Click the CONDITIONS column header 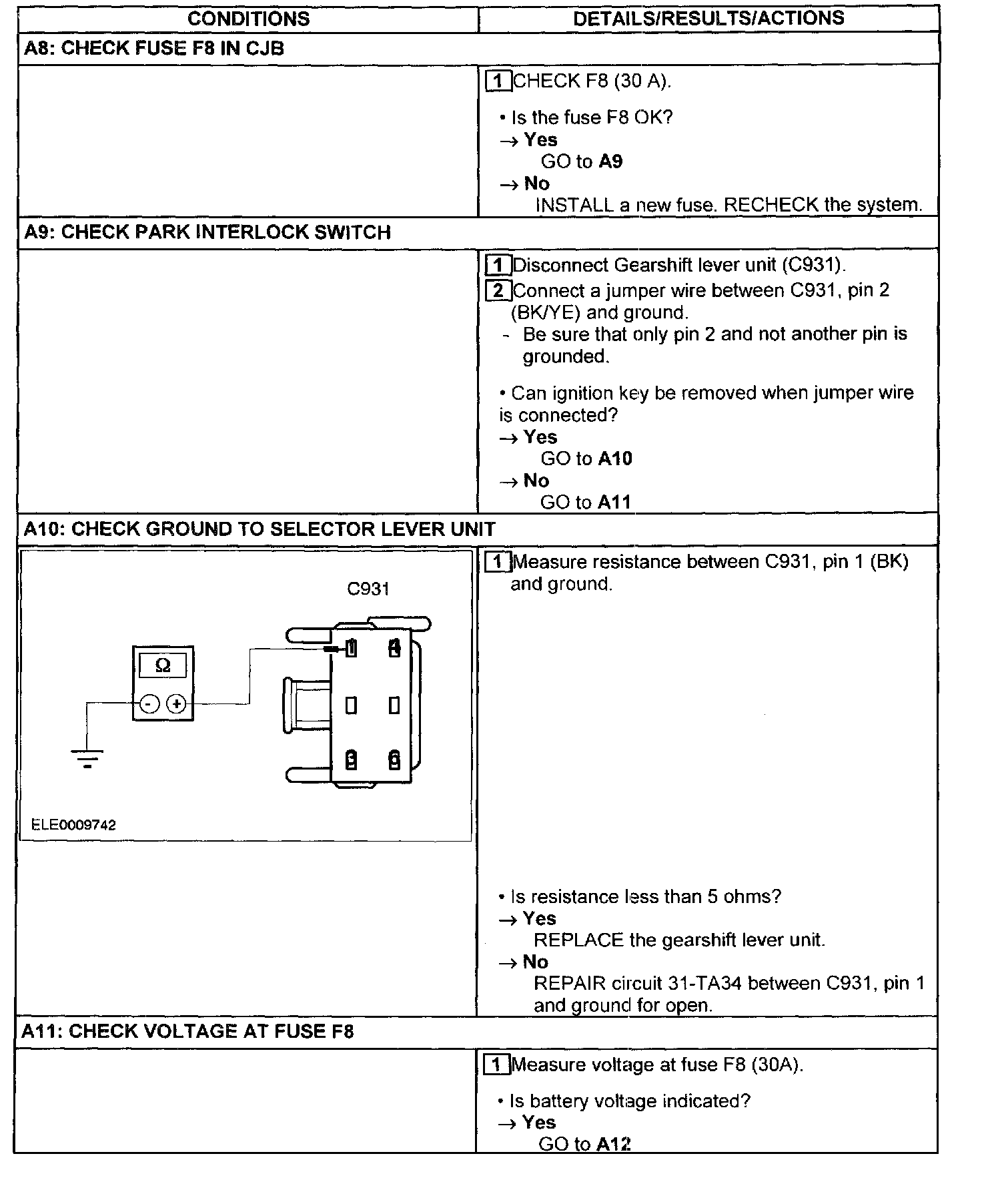pos(248,18)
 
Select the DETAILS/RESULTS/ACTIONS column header pos(708,18)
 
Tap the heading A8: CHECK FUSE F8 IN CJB pos(154,48)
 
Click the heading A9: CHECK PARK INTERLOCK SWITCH pos(207,232)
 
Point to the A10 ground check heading pos(260,529)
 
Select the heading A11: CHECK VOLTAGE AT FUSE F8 pos(187,1031)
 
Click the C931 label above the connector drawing pos(368,589)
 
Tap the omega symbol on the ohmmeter pos(163,665)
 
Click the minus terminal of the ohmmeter pos(149,703)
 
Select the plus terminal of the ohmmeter pos(176,703)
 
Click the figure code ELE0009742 pos(73,825)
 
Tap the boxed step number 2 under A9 pos(498,291)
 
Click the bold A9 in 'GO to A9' pos(610,162)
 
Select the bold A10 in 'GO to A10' pos(615,459)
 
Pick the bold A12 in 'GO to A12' pos(614,1144)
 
